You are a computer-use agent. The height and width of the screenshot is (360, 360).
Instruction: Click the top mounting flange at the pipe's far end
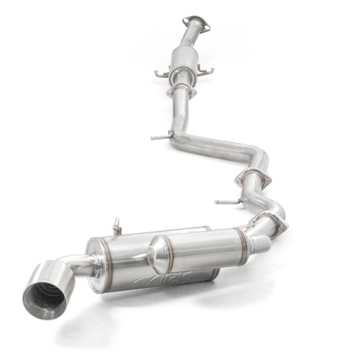point(196,24)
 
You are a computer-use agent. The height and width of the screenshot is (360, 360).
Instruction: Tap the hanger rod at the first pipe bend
point(159,136)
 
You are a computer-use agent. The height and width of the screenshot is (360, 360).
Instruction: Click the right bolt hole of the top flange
point(207,27)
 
